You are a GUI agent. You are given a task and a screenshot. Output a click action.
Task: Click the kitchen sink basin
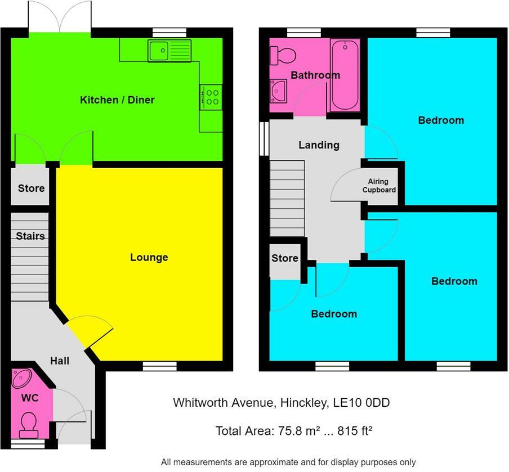click(x=159, y=50)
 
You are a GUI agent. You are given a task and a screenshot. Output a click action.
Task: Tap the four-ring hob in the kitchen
click(x=211, y=97)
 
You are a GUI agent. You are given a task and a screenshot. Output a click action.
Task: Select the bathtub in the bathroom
click(x=345, y=75)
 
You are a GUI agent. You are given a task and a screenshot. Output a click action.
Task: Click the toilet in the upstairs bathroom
click(x=283, y=55)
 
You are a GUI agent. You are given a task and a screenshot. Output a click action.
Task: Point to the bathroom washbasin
click(x=279, y=91)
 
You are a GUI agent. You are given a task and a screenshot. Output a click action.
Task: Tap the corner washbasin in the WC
click(x=21, y=378)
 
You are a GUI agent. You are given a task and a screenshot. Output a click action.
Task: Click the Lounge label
click(x=149, y=257)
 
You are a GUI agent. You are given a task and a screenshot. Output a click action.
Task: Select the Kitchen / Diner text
click(x=117, y=100)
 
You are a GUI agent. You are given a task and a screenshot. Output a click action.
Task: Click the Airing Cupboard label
click(x=379, y=186)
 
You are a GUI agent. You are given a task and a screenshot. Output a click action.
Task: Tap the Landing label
click(x=319, y=145)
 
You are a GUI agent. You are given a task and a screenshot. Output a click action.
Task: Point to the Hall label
click(x=60, y=361)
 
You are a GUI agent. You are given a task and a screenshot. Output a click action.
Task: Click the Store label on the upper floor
click(x=285, y=258)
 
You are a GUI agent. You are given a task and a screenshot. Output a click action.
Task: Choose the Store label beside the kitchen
click(x=31, y=188)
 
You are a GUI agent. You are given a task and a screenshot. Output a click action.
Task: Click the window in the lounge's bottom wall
click(x=160, y=366)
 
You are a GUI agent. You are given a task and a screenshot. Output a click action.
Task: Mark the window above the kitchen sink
click(x=170, y=33)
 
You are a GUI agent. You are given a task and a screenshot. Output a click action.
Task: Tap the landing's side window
click(x=264, y=138)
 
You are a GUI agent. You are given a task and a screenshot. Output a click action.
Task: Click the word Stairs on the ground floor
click(x=30, y=236)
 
